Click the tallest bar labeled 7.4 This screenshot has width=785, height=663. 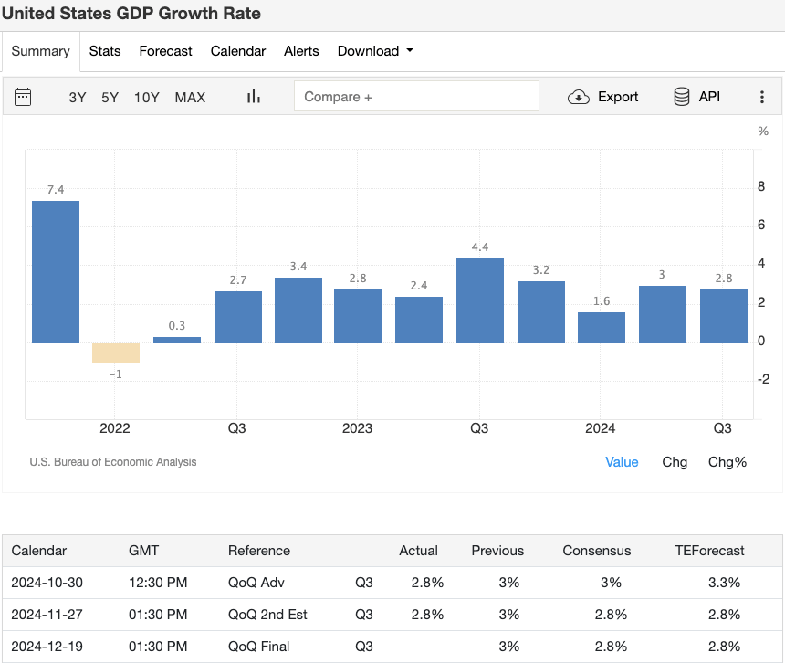coord(56,271)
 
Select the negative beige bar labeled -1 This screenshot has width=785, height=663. coord(116,353)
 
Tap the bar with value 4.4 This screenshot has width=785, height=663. coord(480,300)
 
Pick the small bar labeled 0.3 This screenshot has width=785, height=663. coord(177,340)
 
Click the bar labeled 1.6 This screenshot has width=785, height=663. coord(602,328)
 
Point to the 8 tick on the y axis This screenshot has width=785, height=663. coord(762,187)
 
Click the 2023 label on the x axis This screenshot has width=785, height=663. coord(357,428)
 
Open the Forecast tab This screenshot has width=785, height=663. coord(165,51)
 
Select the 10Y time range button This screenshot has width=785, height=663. coord(147,97)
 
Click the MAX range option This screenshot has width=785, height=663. coord(190,97)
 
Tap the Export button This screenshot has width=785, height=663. coord(603,97)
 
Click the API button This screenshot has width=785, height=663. coord(696,97)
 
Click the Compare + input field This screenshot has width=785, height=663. coord(416,97)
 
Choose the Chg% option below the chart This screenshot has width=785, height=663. coord(727,462)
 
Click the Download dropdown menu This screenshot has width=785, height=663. coord(374,51)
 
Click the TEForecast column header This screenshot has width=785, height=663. coord(709,551)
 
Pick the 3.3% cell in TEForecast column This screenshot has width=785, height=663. coord(724,583)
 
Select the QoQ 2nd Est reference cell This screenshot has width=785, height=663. coord(267,615)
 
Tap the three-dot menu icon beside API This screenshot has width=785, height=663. coord(762,97)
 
